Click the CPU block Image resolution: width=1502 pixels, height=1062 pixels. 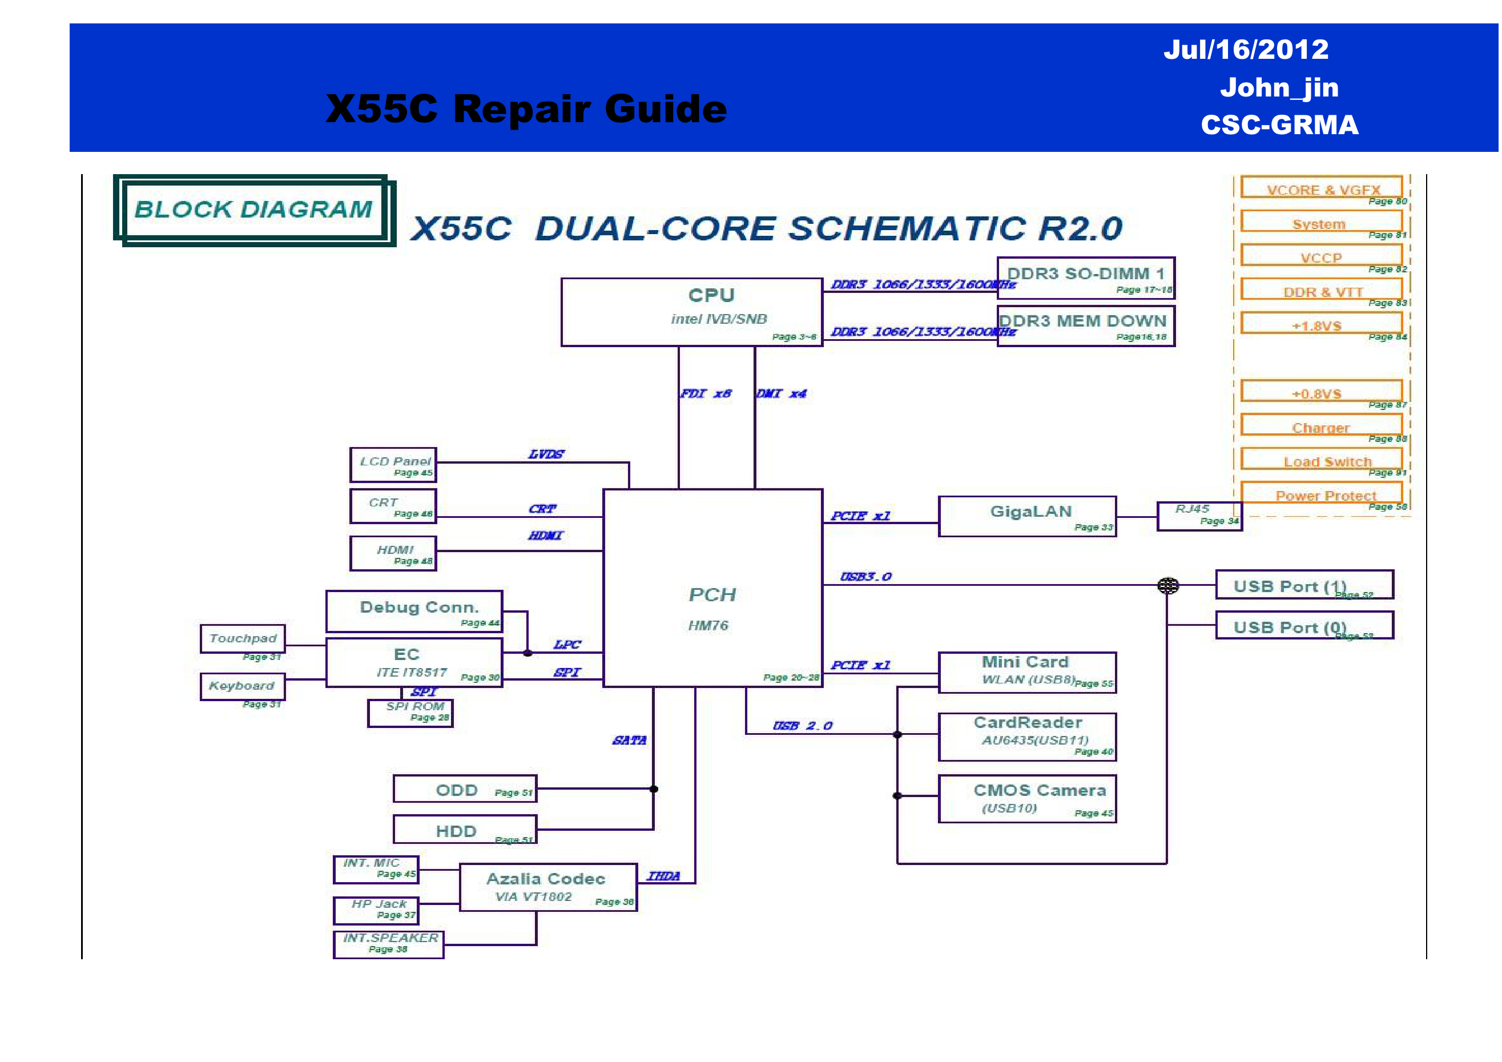[691, 312]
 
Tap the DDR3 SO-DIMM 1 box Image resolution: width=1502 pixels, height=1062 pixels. [1085, 278]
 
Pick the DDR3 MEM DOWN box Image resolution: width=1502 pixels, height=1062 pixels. [1085, 326]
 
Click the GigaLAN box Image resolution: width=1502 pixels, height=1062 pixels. [1027, 516]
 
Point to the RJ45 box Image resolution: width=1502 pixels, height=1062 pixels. [1198, 516]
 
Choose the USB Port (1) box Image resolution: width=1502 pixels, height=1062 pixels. [1304, 584]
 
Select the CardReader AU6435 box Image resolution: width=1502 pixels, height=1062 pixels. [1027, 737]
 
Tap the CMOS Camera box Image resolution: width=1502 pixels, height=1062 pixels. [1027, 798]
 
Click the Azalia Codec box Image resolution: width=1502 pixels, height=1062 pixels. [548, 887]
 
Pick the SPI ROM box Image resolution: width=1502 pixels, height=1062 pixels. [410, 713]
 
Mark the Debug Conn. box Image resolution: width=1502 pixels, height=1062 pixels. [414, 611]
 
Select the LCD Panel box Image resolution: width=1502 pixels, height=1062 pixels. [393, 465]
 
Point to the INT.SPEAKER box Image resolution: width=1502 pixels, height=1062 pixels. [389, 944]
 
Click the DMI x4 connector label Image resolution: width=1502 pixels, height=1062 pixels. [781, 393]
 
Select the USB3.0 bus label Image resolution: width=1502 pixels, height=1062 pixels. [865, 577]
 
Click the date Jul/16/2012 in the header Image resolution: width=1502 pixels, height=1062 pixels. [1246, 50]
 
